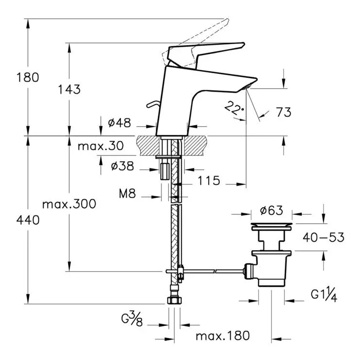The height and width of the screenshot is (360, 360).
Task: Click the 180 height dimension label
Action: [28, 77]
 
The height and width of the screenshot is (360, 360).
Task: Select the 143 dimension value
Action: [69, 89]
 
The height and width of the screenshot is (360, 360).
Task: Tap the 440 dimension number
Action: [28, 220]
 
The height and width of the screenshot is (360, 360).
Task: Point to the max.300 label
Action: [69, 204]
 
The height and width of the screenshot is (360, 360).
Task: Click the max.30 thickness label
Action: [101, 146]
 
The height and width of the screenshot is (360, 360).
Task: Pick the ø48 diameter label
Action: [119, 123]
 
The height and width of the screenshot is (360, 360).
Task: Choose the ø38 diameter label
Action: [122, 166]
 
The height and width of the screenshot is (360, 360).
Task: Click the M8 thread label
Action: [128, 194]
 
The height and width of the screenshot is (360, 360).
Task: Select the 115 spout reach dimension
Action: [209, 180]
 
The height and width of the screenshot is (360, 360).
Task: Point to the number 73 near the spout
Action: [284, 112]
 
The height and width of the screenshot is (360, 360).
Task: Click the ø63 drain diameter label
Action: [272, 210]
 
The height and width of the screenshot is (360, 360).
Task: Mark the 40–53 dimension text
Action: [324, 237]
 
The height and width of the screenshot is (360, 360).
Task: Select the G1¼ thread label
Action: [324, 295]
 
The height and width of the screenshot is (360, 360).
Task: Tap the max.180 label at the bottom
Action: [223, 336]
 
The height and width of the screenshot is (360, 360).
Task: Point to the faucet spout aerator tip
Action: [247, 87]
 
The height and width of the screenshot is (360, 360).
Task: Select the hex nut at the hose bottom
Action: [175, 300]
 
